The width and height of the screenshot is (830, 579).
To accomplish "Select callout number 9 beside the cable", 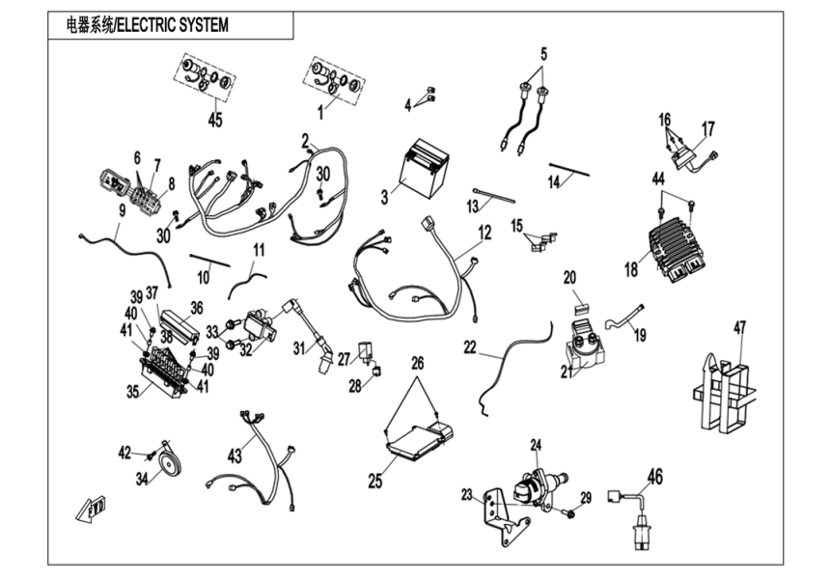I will (122, 209).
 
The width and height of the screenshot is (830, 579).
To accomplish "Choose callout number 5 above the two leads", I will (542, 54).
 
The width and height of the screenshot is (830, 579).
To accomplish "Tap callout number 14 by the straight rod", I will (554, 180).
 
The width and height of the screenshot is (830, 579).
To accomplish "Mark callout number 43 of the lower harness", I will (235, 455).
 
